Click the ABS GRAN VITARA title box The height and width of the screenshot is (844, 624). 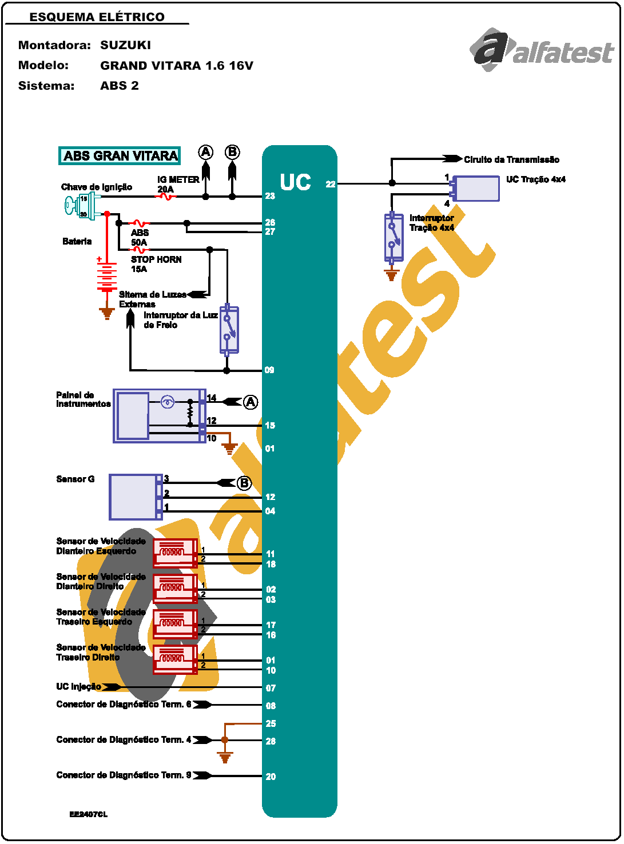click(120, 156)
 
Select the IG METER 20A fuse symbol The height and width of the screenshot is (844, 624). click(166, 197)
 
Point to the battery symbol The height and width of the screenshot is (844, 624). click(106, 277)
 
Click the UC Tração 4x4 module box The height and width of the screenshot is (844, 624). click(476, 189)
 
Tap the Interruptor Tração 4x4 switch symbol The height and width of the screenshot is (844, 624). click(394, 237)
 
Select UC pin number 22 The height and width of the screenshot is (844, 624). click(331, 184)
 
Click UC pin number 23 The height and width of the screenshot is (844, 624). click(270, 196)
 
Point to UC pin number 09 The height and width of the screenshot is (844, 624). click(269, 370)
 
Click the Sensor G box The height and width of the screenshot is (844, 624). click(135, 497)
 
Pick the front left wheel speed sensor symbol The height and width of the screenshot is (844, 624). click(175, 553)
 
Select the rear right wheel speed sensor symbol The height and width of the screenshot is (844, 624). click(175, 659)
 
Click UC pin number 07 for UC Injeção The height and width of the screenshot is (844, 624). click(271, 688)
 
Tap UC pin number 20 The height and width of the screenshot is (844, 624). click(271, 777)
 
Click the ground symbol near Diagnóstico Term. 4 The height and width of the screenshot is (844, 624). click(225, 758)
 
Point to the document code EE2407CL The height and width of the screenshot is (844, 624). click(89, 814)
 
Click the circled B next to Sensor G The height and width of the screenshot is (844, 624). click(244, 483)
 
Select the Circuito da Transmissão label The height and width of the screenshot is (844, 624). click(511, 159)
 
